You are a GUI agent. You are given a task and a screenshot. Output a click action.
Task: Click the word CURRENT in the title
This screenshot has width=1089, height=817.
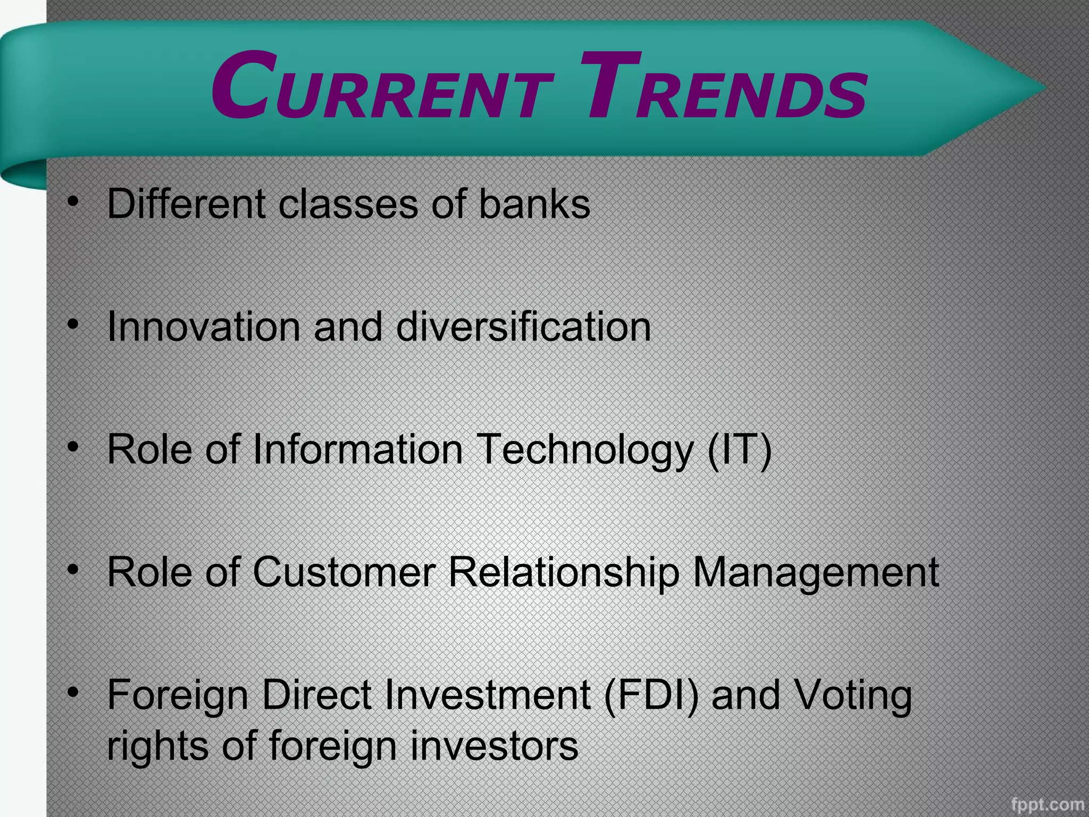[x=382, y=88]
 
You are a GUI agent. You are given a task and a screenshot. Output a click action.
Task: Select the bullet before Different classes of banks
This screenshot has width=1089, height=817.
[x=74, y=201]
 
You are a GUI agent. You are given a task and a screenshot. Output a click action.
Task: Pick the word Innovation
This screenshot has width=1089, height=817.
[x=204, y=326]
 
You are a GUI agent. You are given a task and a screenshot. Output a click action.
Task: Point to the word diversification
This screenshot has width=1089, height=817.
[x=523, y=326]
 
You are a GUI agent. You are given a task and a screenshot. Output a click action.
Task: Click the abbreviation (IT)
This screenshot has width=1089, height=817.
[x=739, y=449]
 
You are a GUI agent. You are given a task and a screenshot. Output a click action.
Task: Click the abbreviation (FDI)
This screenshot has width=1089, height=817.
[x=651, y=696]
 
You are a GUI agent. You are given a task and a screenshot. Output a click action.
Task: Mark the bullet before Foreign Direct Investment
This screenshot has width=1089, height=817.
[x=74, y=692]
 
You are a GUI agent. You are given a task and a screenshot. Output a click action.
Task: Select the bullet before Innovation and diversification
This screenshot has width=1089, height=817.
[x=74, y=323]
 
